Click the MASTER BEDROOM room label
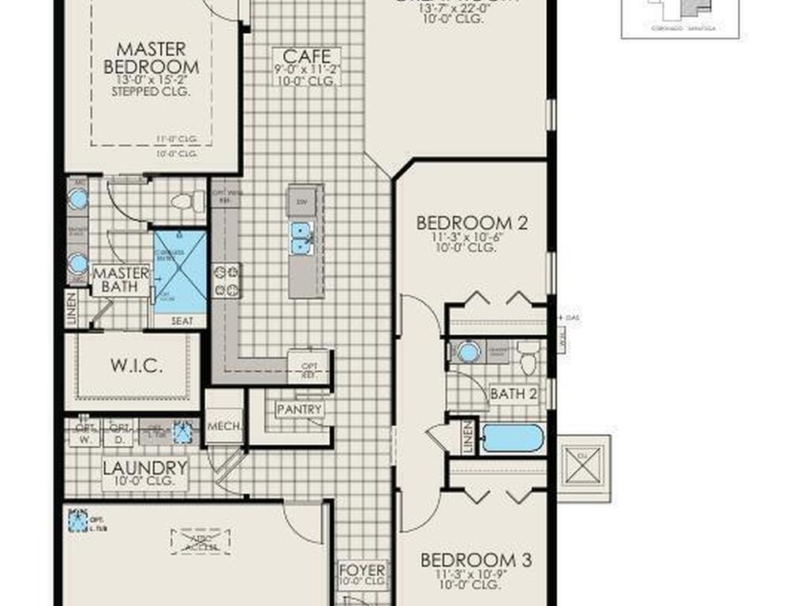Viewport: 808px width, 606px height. click(x=151, y=58)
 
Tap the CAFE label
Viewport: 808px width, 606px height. click(x=307, y=57)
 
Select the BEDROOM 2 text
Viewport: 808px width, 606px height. click(x=472, y=223)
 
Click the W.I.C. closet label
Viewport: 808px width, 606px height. click(x=137, y=366)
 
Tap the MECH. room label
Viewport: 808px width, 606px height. click(x=223, y=427)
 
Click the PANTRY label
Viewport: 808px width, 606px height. click(x=299, y=410)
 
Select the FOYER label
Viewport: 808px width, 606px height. click(x=362, y=570)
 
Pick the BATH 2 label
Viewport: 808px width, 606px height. click(x=513, y=393)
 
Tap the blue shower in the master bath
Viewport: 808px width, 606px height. click(x=180, y=271)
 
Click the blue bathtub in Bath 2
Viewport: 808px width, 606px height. click(x=513, y=438)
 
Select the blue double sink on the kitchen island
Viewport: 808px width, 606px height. click(x=301, y=238)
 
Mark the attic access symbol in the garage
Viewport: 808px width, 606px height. click(x=200, y=541)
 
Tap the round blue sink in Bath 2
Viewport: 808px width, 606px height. click(x=469, y=352)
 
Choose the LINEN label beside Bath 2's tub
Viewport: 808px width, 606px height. click(x=467, y=436)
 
